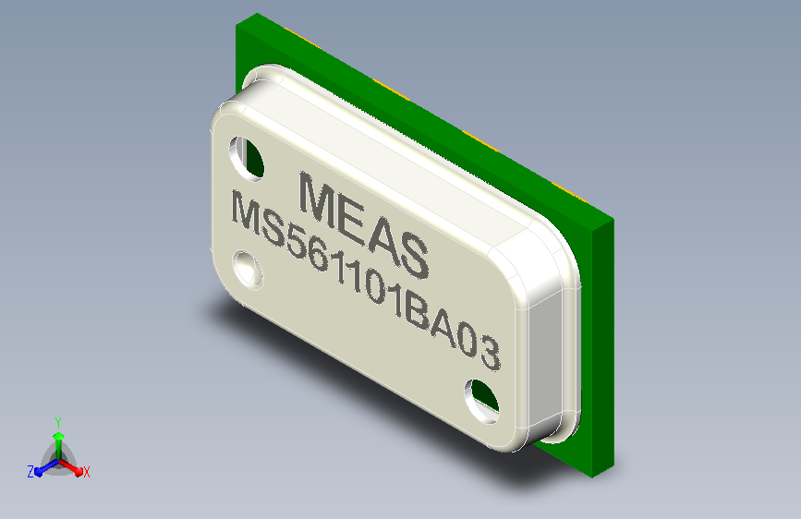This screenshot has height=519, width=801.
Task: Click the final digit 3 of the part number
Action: (x=490, y=354)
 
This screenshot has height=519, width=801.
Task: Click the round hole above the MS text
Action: (x=247, y=158)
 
